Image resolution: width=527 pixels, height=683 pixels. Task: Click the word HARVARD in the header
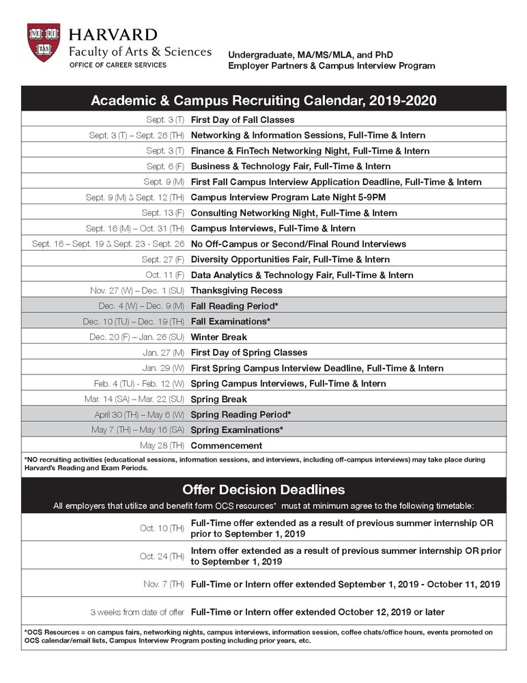(113, 35)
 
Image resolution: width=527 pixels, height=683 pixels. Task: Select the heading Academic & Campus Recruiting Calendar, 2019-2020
(263, 101)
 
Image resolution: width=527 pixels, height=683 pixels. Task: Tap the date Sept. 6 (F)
(165, 166)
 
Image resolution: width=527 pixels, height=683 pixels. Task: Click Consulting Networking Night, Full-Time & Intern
(294, 213)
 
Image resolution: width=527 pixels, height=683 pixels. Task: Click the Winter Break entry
(218, 337)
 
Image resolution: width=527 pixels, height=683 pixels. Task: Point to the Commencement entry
(226, 446)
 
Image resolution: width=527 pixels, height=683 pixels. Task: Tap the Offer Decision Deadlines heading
(263, 490)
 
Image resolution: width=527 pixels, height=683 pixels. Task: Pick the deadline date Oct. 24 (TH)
(162, 556)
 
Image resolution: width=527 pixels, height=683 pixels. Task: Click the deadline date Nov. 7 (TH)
(163, 585)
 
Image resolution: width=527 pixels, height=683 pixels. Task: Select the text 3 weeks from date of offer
(138, 612)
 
